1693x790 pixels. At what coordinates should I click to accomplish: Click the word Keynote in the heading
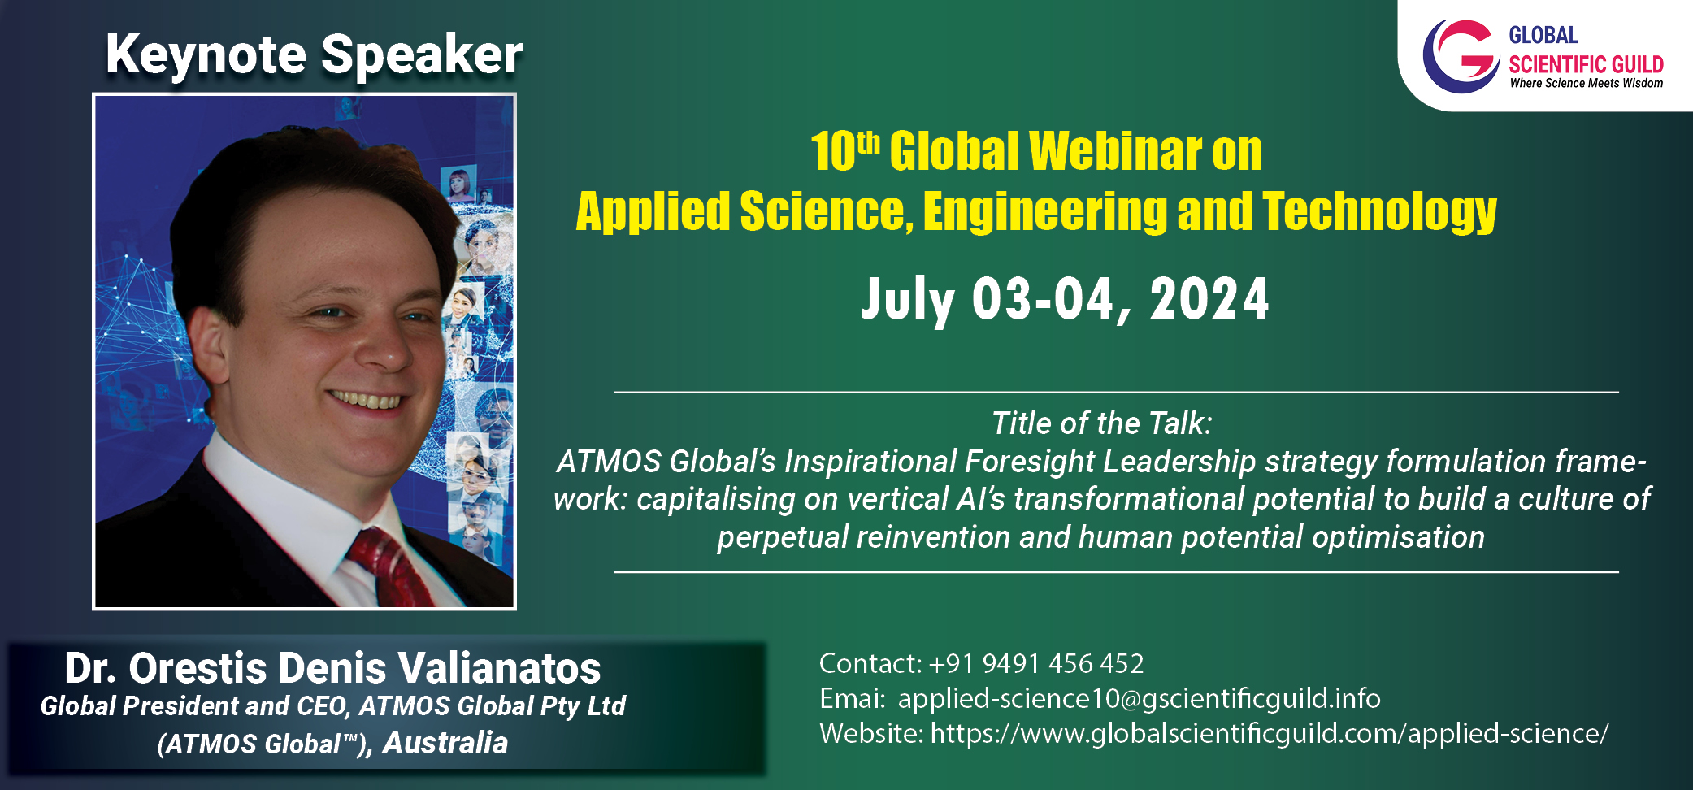pos(206,55)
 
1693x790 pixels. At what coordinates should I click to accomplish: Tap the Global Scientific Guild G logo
pos(1461,56)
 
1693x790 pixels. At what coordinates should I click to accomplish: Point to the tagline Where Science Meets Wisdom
pos(1586,83)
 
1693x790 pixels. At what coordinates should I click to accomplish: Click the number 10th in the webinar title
pos(845,151)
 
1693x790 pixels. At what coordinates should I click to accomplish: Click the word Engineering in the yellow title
pos(1045,211)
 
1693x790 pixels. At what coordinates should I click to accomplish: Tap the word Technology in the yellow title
pos(1379,211)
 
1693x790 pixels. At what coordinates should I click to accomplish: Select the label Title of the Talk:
pos(1102,423)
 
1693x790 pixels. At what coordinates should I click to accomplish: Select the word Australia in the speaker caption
pos(445,742)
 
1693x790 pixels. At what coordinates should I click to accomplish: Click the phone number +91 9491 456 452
pos(1036,664)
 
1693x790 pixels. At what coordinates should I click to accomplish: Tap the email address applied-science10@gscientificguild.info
pos(1140,699)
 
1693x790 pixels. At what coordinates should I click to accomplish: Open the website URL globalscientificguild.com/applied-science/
pos(1270,734)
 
